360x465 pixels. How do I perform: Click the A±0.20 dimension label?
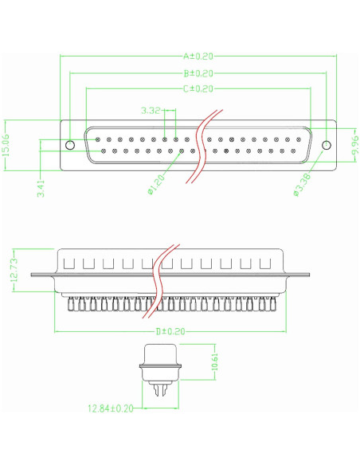(x=198, y=57)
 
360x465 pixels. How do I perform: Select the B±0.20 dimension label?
(x=198, y=72)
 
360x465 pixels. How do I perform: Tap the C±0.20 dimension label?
(x=198, y=88)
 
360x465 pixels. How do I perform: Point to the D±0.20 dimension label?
(x=170, y=331)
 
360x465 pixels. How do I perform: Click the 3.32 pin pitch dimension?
(x=152, y=110)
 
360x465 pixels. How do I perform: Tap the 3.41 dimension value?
(x=40, y=188)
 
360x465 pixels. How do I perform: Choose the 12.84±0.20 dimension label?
(x=110, y=408)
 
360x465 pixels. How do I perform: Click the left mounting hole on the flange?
(x=70, y=145)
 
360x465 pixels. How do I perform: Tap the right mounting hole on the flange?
(x=325, y=145)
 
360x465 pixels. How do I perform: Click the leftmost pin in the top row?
(x=98, y=139)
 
